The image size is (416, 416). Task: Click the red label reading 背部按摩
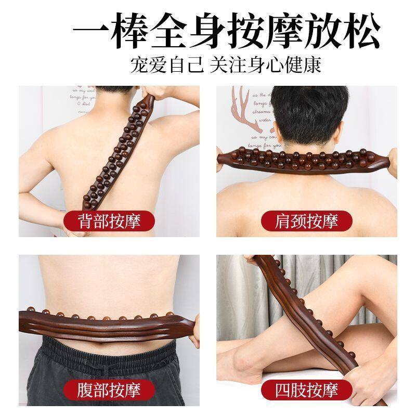click(109, 221)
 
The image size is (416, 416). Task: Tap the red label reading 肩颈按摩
click(307, 221)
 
